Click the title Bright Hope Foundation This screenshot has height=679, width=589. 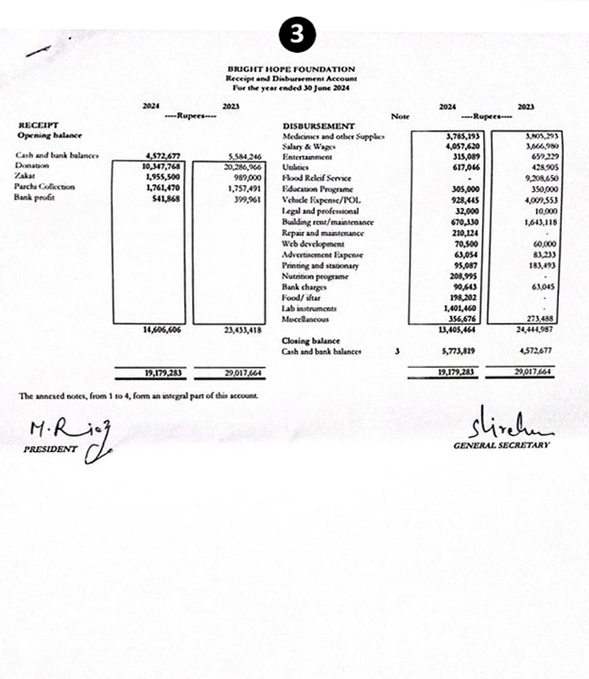click(291, 69)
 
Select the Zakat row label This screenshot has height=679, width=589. click(26, 176)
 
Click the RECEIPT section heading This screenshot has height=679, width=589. click(39, 125)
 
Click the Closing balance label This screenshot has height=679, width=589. click(311, 340)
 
